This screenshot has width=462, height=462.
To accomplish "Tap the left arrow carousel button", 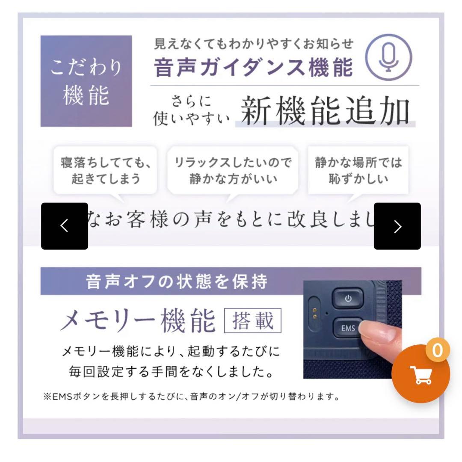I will pos(65,226).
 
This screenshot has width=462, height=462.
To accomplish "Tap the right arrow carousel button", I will pos(397,226).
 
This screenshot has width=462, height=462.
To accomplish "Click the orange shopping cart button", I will pos(421,374).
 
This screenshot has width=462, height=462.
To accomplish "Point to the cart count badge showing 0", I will pos(437,351).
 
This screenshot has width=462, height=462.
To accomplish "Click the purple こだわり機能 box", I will pos(86,81).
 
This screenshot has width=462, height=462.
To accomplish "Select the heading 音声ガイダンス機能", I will pos(254,67).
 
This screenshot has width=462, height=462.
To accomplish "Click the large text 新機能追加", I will pos(325,111).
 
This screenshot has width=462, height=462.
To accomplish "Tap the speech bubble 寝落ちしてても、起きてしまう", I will pos(105,170).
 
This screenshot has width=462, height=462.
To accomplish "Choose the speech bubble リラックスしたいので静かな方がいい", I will pos(233,170).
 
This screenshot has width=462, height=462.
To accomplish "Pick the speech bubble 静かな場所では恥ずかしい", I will pos(358,170).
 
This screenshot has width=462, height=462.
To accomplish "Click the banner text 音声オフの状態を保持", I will pos(177,281).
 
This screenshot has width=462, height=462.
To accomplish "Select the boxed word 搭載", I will pos(253,321).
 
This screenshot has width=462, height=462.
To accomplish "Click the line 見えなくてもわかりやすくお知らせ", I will pos(254,44).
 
